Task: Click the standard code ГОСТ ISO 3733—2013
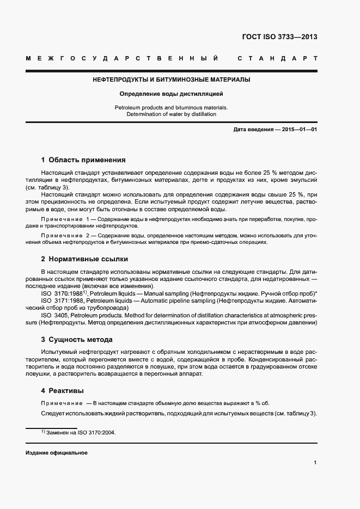(279, 38)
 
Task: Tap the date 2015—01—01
(295, 130)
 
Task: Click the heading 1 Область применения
(83, 160)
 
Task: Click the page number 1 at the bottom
(315, 462)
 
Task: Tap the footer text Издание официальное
(57, 453)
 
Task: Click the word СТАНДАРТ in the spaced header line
(277, 58)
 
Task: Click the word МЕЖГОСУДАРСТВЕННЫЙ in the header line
(123, 58)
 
